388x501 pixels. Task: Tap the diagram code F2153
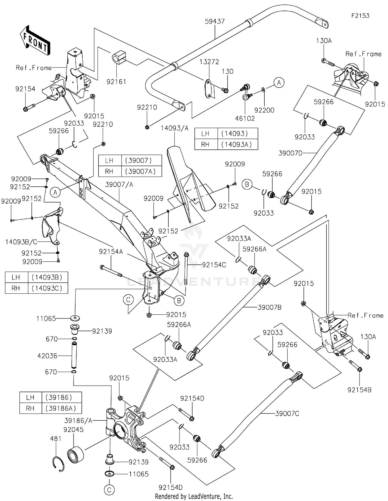[x=360, y=16]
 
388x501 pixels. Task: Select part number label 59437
[x=215, y=21]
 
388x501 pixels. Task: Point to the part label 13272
[x=209, y=62]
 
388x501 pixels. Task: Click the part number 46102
[x=245, y=118]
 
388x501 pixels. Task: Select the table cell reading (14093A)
[x=236, y=144]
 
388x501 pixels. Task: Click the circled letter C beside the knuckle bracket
[x=128, y=300]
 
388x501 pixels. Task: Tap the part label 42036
[x=47, y=356]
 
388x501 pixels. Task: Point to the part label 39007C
[x=287, y=414]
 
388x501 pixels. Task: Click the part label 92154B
[x=359, y=390]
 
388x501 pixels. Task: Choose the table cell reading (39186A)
[x=61, y=408]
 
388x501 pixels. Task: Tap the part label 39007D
[x=290, y=153]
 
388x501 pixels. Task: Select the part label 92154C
[x=214, y=265]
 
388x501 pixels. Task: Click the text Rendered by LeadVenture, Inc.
[x=194, y=496]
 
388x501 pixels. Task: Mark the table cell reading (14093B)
[x=47, y=277]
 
